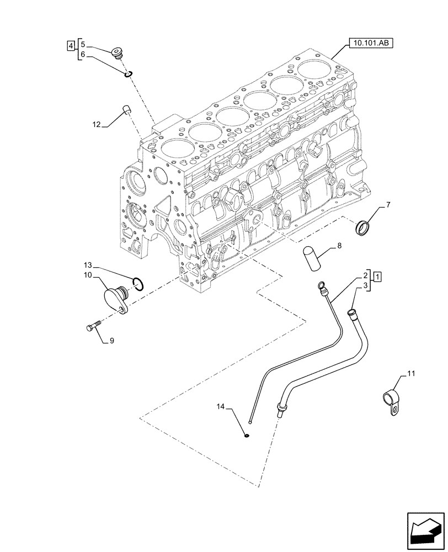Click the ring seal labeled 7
(x=364, y=226)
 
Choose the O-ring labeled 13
(x=140, y=284)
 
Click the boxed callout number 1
(x=376, y=275)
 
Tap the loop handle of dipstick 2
(x=322, y=285)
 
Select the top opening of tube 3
(x=350, y=314)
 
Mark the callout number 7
(x=388, y=205)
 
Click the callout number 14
(x=221, y=407)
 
